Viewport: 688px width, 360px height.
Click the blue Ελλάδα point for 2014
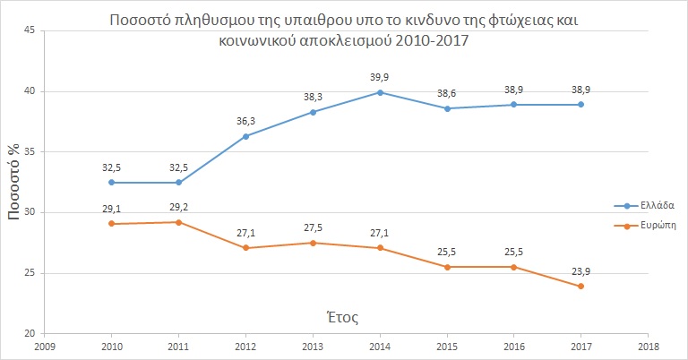click(381, 92)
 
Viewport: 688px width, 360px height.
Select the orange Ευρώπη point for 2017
click(581, 287)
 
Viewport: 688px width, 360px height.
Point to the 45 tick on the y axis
click(29, 30)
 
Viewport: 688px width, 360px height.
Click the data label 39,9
click(381, 77)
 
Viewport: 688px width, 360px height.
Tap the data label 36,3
click(245, 121)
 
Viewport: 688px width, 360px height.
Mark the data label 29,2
click(179, 208)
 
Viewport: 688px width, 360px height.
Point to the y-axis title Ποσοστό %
click(15, 182)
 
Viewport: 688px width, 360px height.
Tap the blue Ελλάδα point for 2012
click(245, 136)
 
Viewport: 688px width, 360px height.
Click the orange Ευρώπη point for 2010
click(111, 223)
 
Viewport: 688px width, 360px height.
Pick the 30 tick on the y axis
click(29, 213)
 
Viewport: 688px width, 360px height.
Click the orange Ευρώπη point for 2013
click(313, 243)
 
